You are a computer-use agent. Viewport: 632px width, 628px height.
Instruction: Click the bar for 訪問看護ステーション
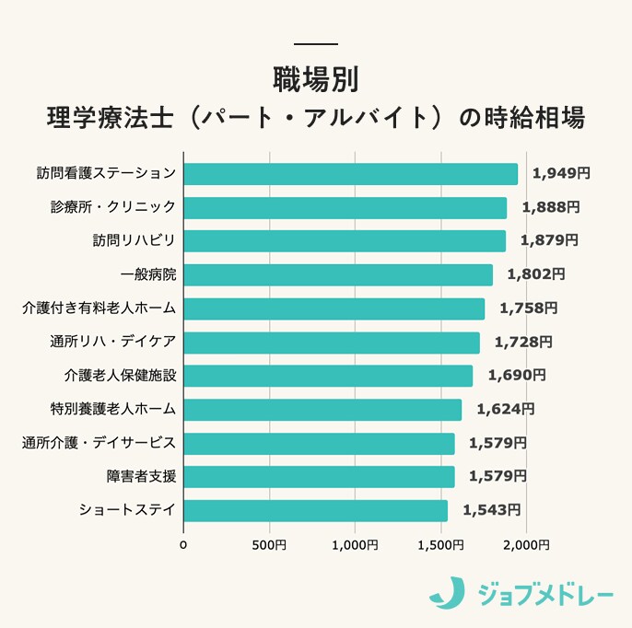coord(350,174)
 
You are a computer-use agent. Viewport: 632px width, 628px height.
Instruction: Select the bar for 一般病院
coord(338,274)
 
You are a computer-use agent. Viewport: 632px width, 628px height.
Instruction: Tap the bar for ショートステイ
coord(315,510)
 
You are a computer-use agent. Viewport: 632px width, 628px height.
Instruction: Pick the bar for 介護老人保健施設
coord(328,376)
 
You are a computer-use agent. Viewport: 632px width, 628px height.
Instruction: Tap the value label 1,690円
coord(517,375)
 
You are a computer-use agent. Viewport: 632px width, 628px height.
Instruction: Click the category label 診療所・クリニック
coord(112,207)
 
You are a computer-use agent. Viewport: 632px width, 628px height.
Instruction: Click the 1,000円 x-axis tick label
coord(356,546)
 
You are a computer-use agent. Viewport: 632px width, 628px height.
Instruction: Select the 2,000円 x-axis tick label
coord(527,546)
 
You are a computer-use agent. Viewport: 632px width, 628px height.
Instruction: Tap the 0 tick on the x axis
coord(183,546)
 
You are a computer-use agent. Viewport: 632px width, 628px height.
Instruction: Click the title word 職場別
coord(316,77)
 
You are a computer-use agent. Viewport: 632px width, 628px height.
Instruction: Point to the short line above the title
coord(316,44)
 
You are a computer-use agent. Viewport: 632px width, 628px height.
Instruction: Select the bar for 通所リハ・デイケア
coord(332,342)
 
